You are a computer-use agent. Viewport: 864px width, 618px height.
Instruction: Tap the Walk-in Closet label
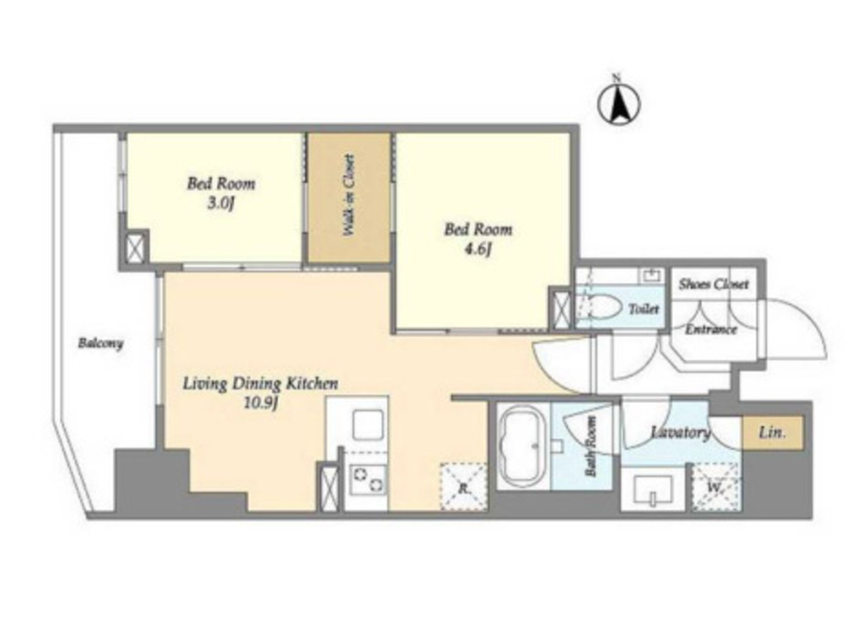click(x=348, y=195)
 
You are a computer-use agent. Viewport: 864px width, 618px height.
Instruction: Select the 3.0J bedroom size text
click(x=221, y=204)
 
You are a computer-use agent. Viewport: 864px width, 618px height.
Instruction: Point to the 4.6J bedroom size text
click(x=478, y=250)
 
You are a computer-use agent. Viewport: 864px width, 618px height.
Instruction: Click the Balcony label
click(x=100, y=344)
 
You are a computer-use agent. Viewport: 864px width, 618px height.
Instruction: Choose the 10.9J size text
click(x=260, y=404)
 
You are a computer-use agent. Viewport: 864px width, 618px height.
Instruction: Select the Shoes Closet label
click(x=714, y=284)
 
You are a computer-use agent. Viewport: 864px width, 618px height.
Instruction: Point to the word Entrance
click(x=710, y=329)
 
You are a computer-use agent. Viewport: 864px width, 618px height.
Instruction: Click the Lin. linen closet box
click(x=772, y=433)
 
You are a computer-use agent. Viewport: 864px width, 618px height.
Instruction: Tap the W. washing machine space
click(x=715, y=487)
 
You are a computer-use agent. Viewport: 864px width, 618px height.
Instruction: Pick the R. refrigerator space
click(x=463, y=487)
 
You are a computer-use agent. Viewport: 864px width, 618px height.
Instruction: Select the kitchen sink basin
click(x=369, y=425)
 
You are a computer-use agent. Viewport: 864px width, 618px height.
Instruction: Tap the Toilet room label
click(x=644, y=309)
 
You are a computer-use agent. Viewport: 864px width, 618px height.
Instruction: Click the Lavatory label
click(x=681, y=432)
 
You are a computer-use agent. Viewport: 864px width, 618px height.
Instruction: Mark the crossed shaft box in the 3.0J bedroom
click(x=135, y=247)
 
